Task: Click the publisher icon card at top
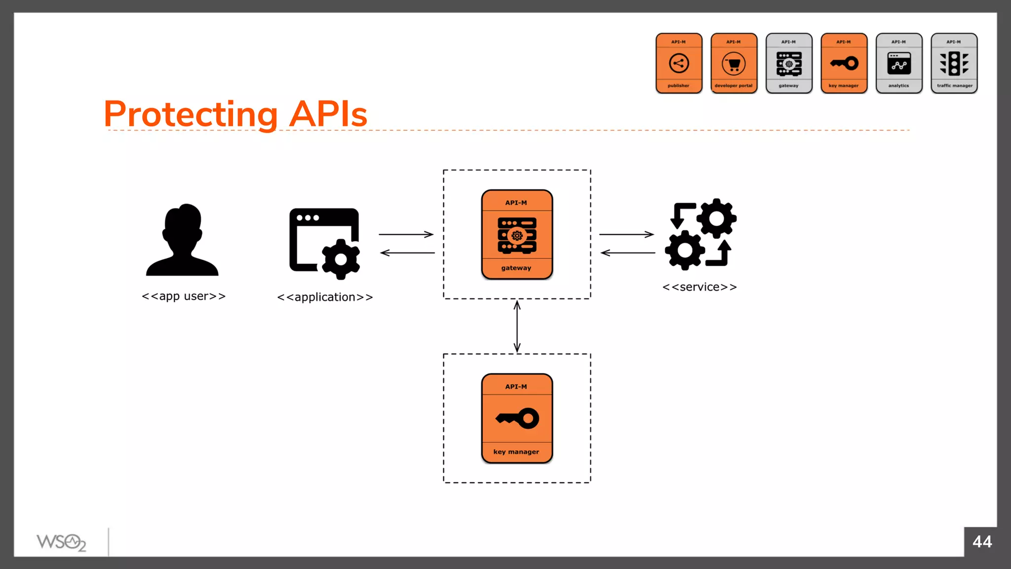click(679, 63)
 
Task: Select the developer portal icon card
click(734, 63)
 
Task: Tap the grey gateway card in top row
click(789, 63)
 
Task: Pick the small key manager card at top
click(844, 63)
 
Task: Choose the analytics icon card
click(899, 63)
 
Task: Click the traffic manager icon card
click(954, 63)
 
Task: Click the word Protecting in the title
click(191, 114)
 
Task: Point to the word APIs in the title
click(328, 114)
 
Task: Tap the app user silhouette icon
click(182, 240)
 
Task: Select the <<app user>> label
click(184, 296)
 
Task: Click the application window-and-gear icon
click(324, 243)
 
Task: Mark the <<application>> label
click(325, 297)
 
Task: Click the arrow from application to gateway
click(406, 234)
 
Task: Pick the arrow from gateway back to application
click(407, 253)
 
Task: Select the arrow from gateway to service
click(626, 234)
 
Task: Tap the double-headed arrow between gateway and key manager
click(517, 326)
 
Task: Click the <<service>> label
click(700, 287)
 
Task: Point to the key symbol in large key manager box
click(517, 418)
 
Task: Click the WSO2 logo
click(61, 542)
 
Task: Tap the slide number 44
click(982, 542)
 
